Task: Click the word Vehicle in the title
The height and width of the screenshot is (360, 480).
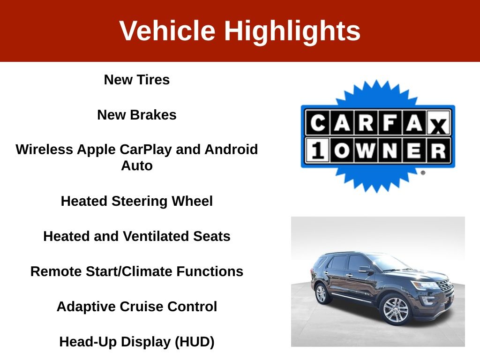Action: (x=167, y=30)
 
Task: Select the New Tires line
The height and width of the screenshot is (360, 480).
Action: (x=137, y=80)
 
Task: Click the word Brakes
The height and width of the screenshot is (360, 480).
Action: (x=153, y=115)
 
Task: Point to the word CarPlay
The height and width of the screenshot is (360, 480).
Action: (x=146, y=150)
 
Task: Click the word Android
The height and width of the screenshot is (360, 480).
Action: (x=231, y=150)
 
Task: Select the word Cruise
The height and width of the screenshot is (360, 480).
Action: (x=141, y=307)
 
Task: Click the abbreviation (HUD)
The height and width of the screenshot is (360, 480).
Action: (x=195, y=342)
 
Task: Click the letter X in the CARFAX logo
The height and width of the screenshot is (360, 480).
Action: (x=438, y=126)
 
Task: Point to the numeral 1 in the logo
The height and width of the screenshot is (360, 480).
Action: (x=317, y=150)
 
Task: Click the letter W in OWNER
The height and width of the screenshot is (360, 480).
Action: (x=366, y=150)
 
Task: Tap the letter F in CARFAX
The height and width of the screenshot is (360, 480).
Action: (x=390, y=123)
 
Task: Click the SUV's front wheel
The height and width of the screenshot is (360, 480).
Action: (x=396, y=311)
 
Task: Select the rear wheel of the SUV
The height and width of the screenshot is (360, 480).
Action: (x=321, y=293)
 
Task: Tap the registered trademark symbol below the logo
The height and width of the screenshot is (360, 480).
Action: (x=423, y=172)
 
